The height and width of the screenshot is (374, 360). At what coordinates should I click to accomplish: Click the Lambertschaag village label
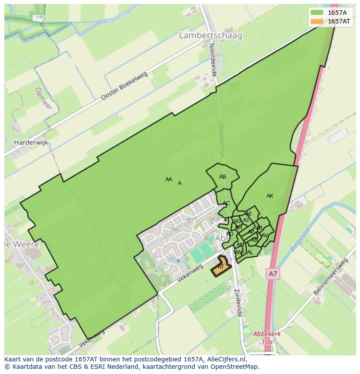(210, 36)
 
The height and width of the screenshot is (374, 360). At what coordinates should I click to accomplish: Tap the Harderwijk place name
(31, 142)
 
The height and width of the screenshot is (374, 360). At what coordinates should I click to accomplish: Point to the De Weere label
(21, 244)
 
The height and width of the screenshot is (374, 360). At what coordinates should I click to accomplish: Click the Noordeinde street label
(213, 60)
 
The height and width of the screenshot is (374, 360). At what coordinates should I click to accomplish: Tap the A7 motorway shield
(272, 274)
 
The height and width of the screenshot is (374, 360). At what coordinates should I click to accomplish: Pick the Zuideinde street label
(237, 303)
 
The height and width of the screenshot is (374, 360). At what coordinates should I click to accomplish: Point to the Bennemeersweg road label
(331, 277)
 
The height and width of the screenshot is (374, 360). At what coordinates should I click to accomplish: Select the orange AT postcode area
(221, 268)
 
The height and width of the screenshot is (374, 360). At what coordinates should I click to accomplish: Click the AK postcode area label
(270, 196)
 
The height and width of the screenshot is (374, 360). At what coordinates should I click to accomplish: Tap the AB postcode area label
(223, 177)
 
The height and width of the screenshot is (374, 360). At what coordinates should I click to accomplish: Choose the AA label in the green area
(169, 179)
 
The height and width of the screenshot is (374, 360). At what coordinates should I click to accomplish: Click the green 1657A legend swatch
(317, 12)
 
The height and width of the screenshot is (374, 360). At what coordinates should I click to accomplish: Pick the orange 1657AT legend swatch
(317, 21)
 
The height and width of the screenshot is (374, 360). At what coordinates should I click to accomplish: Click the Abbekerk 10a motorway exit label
(267, 338)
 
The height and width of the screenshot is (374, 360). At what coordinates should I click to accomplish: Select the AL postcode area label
(250, 252)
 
